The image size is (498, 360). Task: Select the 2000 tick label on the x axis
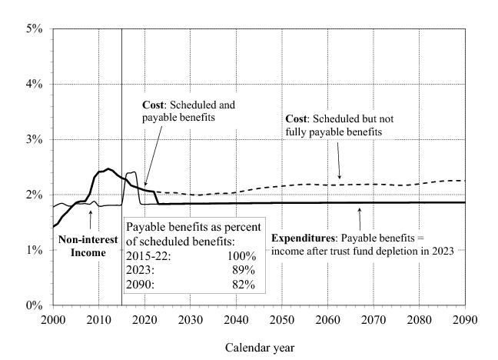point(53,319)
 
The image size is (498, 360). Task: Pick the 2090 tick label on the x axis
point(465,319)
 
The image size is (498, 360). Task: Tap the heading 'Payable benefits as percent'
point(194,226)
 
